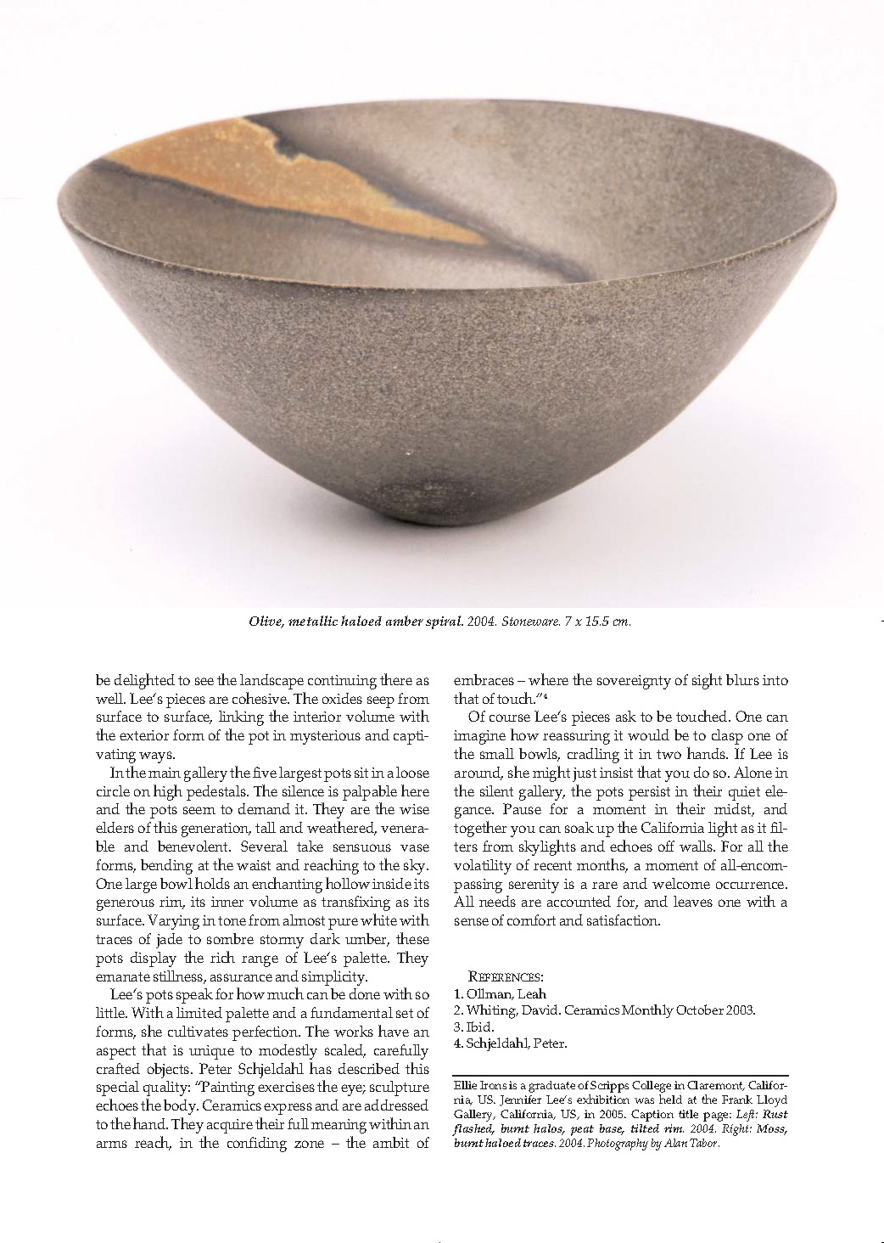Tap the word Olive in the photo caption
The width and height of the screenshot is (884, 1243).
[263, 621]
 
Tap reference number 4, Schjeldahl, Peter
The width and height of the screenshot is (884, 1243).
[507, 1043]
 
